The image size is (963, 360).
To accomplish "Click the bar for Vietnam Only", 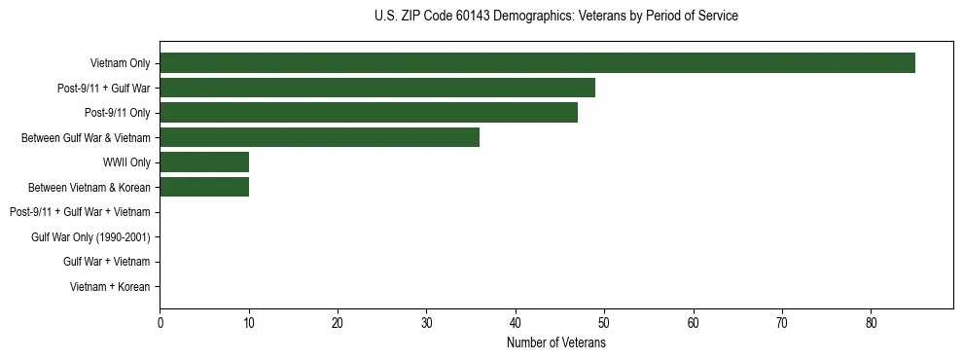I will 537,63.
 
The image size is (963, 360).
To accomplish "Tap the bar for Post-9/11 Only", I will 369,113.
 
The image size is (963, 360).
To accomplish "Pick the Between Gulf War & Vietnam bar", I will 319,138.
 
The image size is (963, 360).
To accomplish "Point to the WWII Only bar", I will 204,162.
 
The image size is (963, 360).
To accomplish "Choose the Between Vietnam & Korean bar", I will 204,187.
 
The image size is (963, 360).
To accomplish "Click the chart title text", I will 555,17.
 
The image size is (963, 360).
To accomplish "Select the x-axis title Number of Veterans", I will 555,343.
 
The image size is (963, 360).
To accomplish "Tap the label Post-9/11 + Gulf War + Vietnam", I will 80,212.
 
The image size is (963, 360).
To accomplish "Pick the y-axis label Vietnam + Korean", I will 110,287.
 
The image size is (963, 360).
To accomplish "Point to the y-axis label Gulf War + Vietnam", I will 107,262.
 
